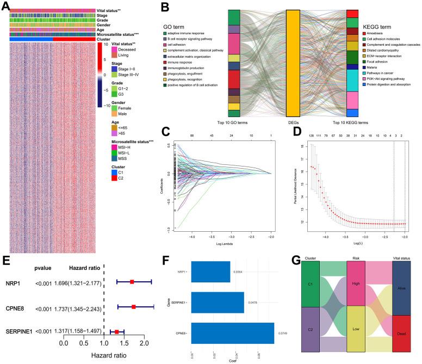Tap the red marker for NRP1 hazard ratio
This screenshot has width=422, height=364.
click(132, 282)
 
